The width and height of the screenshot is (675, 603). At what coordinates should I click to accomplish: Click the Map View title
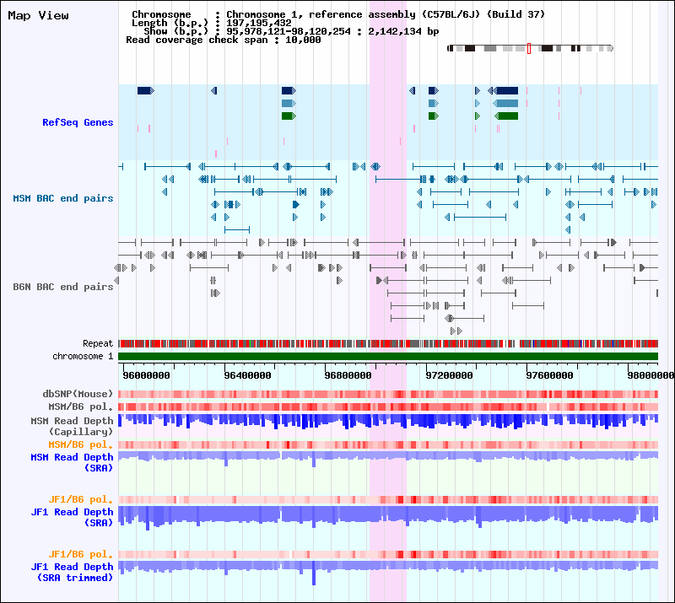pos(39,15)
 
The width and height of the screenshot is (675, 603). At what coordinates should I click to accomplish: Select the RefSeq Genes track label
pos(78,123)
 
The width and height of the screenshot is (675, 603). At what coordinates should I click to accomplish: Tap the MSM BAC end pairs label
pos(63,198)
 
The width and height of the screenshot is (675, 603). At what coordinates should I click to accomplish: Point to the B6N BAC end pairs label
pos(63,287)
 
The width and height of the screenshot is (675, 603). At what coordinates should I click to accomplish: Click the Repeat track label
pos(98,344)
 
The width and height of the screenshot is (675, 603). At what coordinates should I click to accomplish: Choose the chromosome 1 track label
pos(83,357)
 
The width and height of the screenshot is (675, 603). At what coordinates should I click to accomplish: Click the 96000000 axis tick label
pos(147,374)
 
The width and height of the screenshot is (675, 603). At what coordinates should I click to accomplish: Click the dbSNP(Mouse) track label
pos(78,394)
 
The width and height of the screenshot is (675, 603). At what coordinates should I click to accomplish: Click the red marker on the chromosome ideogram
pos(529,48)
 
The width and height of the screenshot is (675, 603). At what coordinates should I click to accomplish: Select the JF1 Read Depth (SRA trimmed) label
pos(73,572)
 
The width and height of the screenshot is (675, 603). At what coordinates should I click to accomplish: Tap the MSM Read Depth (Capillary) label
pos(72,426)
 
